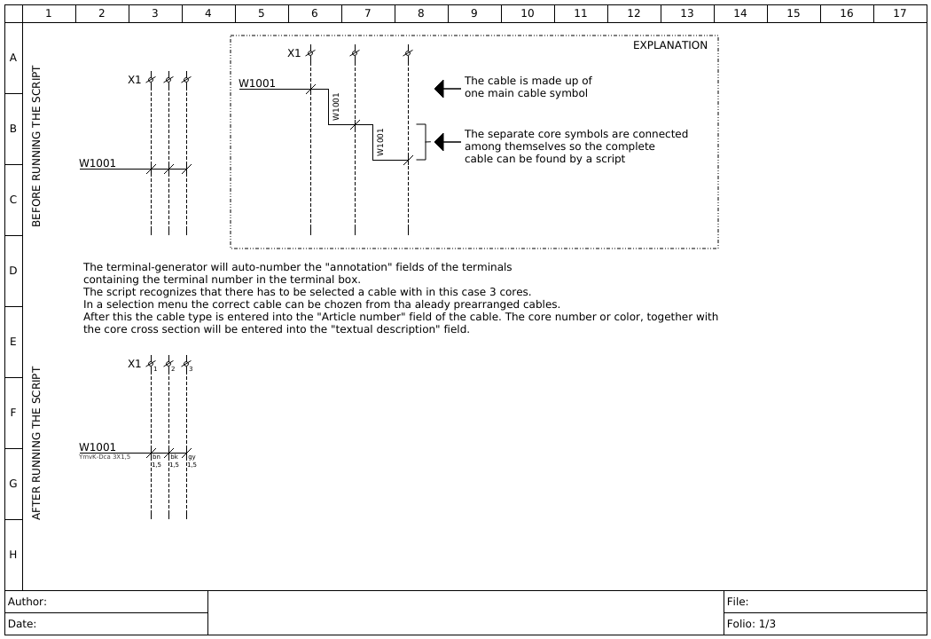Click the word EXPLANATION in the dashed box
pyautogui.click(x=670, y=45)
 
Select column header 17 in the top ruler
pyautogui.click(x=900, y=13)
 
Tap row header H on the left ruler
pyautogui.click(x=13, y=555)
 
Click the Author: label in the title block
pyautogui.click(x=27, y=602)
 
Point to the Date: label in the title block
pyautogui.click(x=22, y=624)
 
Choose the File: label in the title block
pyautogui.click(x=738, y=602)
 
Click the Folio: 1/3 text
pyautogui.click(x=751, y=624)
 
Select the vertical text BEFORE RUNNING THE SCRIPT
pyautogui.click(x=36, y=146)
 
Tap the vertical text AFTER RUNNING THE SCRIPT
pyautogui.click(x=36, y=444)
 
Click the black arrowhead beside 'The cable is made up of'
pyautogui.click(x=439, y=89)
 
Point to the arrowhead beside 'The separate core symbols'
pyautogui.click(x=439, y=142)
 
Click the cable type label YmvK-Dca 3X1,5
pyautogui.click(x=105, y=457)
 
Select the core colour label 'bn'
pyautogui.click(x=156, y=457)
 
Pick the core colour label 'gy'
pyautogui.click(x=192, y=457)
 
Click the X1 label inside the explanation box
pyautogui.click(x=294, y=53)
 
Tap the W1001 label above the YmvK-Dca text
pyautogui.click(x=98, y=447)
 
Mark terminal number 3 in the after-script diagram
pyautogui.click(x=191, y=369)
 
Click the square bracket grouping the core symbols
pyautogui.click(x=423, y=142)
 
